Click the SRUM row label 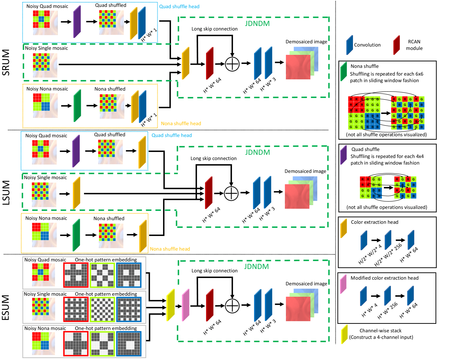coord(6,62)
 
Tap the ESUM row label coord(6,307)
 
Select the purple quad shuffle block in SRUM coord(77,22)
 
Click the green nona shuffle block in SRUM coord(77,105)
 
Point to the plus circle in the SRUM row coord(232,64)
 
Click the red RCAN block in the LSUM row coord(209,193)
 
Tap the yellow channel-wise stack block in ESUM coord(171,305)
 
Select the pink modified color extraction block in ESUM coord(186,305)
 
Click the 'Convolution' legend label coord(367,45)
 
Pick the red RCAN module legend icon coord(396,45)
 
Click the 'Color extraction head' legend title coord(375,222)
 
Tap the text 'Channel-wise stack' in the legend coord(380,331)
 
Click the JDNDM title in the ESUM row coord(257,266)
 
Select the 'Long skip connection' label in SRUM coord(215,29)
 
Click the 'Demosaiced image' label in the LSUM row coord(305,171)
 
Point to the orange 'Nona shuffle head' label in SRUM coord(181,123)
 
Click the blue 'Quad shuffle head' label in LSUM coord(172,135)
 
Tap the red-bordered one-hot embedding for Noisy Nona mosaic coord(76,343)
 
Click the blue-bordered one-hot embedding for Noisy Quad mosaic coord(129,275)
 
